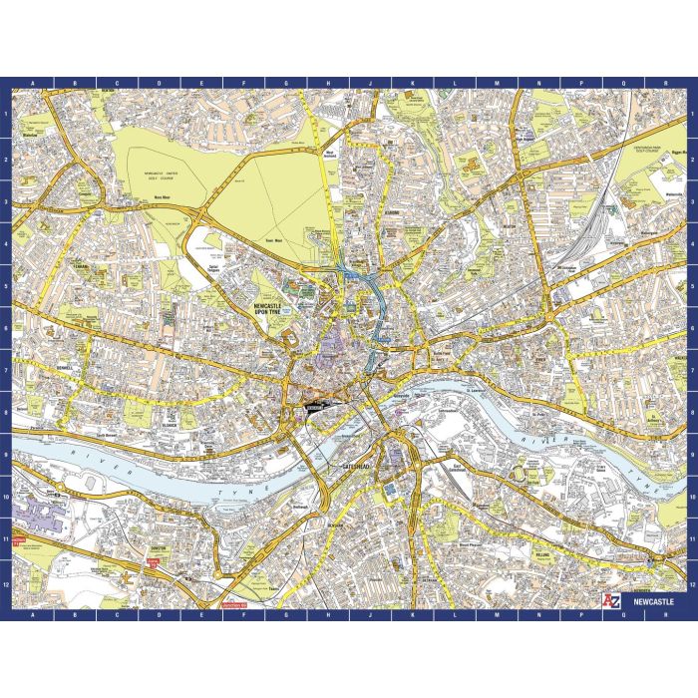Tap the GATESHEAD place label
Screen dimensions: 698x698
pyautogui.click(x=356, y=466)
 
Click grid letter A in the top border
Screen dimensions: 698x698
pyautogui.click(x=32, y=83)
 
